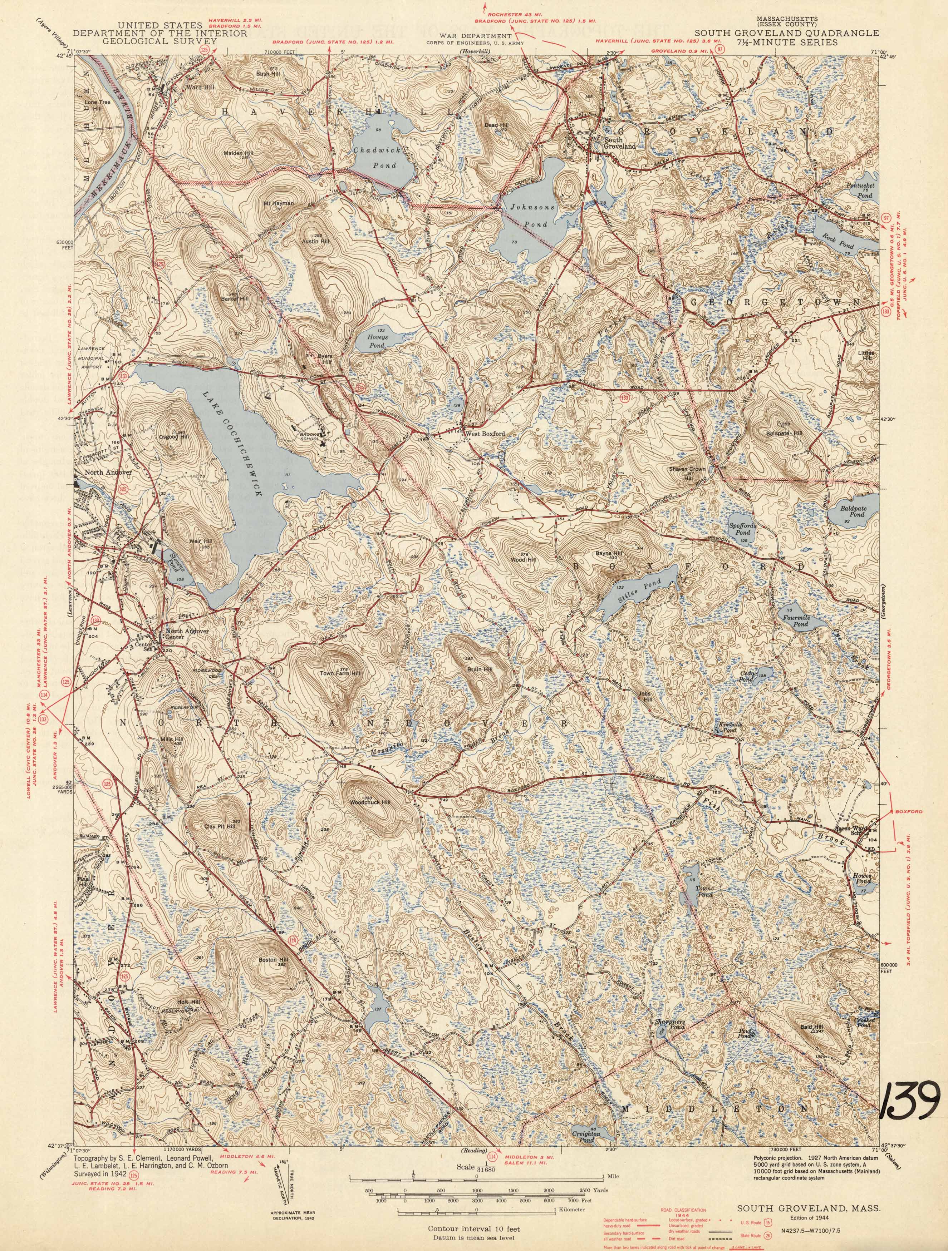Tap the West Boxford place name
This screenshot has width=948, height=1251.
[485, 434]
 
